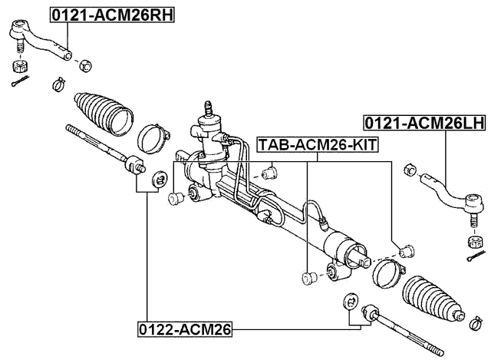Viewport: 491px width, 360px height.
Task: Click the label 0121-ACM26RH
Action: point(112,15)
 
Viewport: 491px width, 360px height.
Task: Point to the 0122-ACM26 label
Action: point(185,329)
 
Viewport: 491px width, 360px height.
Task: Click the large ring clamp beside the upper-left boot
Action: point(153,139)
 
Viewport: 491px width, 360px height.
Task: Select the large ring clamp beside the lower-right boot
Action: point(387,273)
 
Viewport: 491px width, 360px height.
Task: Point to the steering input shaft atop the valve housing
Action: point(208,107)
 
